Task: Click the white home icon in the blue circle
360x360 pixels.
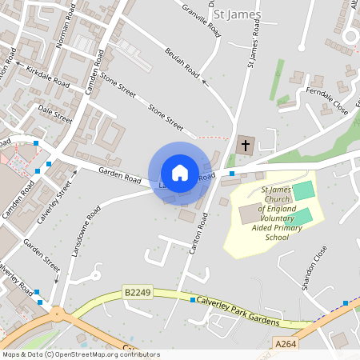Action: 180,172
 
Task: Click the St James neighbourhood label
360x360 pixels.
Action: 237,15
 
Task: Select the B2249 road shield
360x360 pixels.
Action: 136,294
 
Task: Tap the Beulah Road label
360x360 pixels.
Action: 181,61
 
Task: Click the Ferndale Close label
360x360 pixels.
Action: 327,102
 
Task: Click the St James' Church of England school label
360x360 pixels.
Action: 275,214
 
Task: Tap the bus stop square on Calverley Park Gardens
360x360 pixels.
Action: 193,299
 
